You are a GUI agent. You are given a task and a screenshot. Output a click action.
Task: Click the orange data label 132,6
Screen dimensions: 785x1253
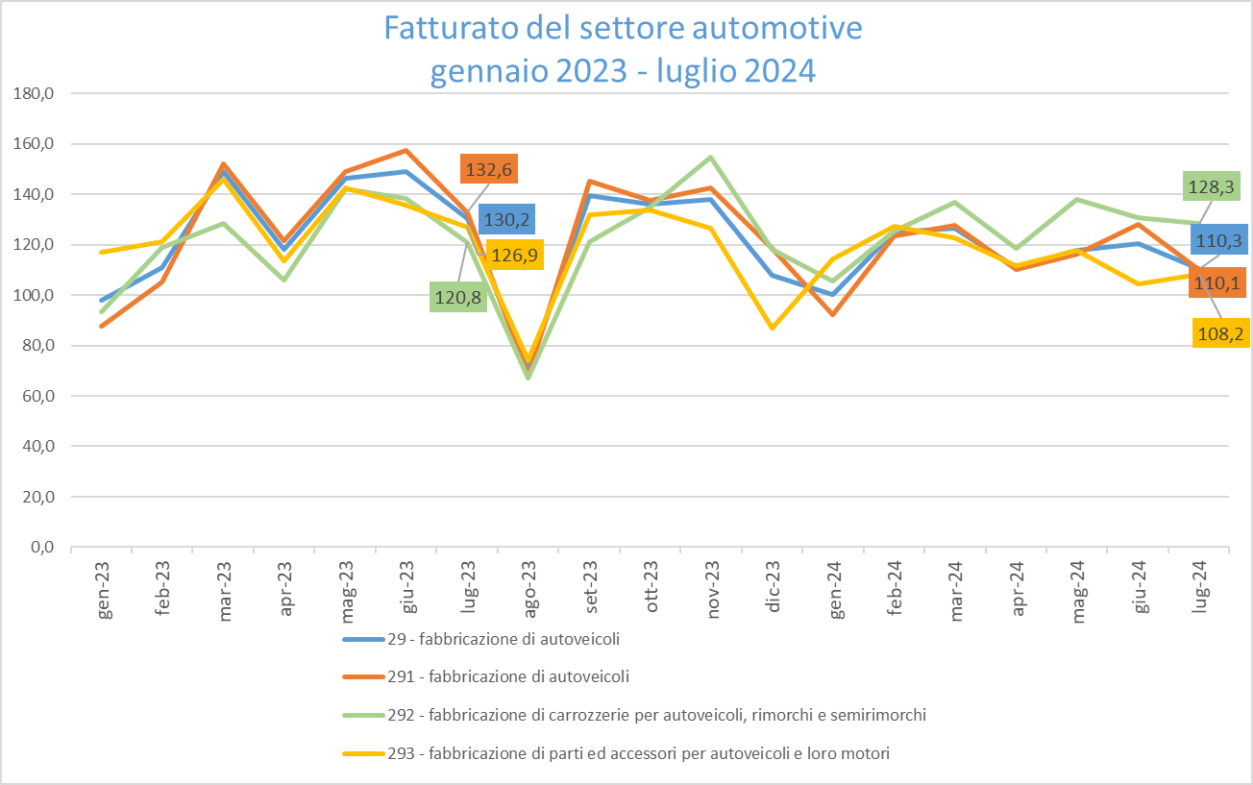tap(489, 170)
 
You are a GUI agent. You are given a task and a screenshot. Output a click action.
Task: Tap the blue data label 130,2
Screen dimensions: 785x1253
tap(506, 220)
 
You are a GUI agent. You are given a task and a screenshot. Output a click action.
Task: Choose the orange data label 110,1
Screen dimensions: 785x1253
tap(1216, 282)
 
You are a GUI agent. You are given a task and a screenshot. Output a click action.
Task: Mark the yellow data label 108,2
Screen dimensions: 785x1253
tap(1220, 332)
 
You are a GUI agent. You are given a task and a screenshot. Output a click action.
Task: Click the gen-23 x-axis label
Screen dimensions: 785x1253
tap(106, 577)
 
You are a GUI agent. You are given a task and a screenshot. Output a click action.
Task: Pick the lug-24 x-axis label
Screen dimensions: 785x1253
tap(1201, 577)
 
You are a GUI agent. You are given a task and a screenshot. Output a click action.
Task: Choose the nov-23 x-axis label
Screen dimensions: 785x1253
tap(712, 577)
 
